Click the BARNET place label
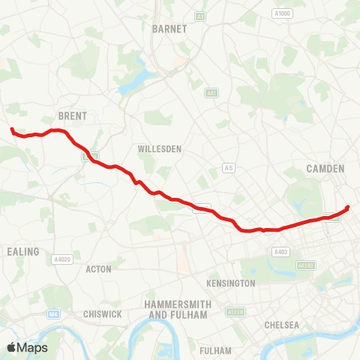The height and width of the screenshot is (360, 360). pyautogui.click(x=163, y=28)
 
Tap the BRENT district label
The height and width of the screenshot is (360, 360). pyautogui.click(x=73, y=116)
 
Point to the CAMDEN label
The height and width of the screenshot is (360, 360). pyautogui.click(x=325, y=169)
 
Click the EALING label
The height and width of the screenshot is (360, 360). pyautogui.click(x=22, y=252)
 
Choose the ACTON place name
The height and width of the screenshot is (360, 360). pyautogui.click(x=99, y=268)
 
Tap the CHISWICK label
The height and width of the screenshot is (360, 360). pyautogui.click(x=103, y=314)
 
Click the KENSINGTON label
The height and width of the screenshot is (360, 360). pyautogui.click(x=230, y=283)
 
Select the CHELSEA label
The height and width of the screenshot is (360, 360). pyautogui.click(x=281, y=325)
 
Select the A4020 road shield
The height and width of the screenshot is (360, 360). pyautogui.click(x=62, y=259)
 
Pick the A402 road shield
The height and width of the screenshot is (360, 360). pyautogui.click(x=280, y=252)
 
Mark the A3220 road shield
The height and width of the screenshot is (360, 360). pyautogui.click(x=234, y=312)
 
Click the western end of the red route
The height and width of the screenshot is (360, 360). pyautogui.click(x=12, y=130)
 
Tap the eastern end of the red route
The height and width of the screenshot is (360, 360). pyautogui.click(x=348, y=208)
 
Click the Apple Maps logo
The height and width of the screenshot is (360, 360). pyautogui.click(x=27, y=348)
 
